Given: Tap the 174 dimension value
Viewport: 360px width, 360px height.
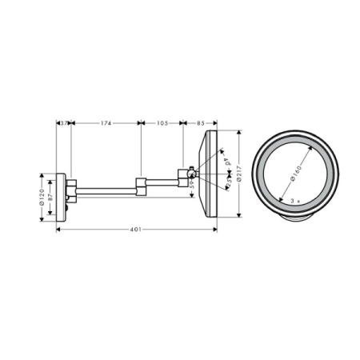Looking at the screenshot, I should [106, 122].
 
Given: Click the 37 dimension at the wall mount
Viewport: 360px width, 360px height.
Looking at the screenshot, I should [64, 122].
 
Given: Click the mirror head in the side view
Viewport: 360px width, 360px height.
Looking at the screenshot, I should [212, 173].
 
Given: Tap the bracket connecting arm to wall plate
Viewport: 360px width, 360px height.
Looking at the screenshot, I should [72, 191].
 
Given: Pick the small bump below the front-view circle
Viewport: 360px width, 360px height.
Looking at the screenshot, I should [294, 217].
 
